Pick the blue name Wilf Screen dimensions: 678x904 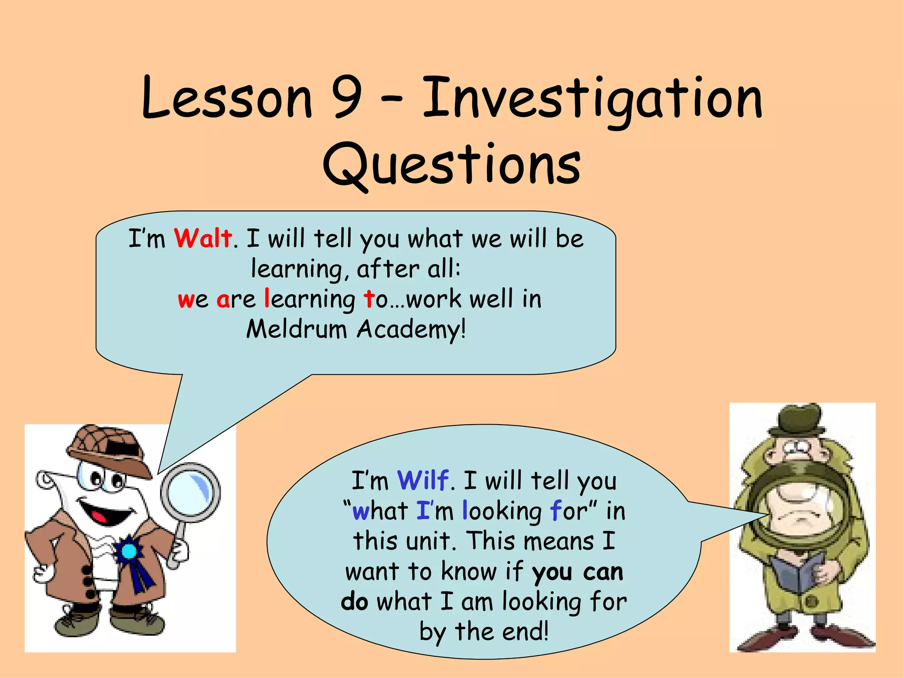coord(423,480)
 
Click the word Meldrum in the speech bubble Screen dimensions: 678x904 coord(297,329)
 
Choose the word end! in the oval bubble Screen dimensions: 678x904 coord(525,631)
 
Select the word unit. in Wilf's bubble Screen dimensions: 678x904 coord(431,541)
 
